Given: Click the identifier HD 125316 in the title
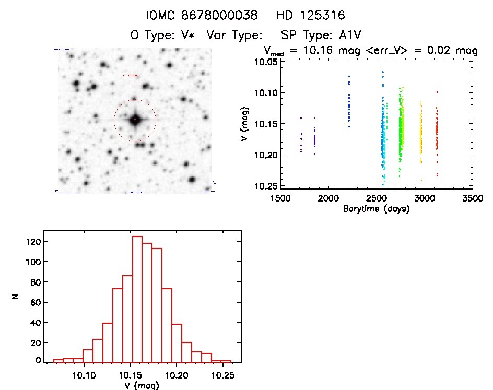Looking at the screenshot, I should pos(311,15).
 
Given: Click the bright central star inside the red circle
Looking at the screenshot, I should pos(135,120).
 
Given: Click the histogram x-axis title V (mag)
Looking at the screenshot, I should pos(138,386).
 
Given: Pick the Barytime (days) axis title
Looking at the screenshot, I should pos(376,209).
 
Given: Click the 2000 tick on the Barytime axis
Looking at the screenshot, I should pos(328,198).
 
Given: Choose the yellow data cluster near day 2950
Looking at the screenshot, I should pos(420,133).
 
